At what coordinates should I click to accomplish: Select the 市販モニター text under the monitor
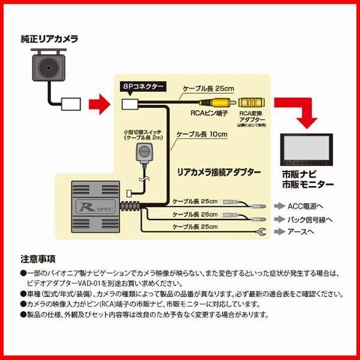tap(308, 184)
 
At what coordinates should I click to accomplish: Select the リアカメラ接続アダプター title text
tap(219, 172)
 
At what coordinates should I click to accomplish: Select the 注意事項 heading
tap(38, 260)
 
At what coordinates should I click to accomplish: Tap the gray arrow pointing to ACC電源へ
tap(280, 205)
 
